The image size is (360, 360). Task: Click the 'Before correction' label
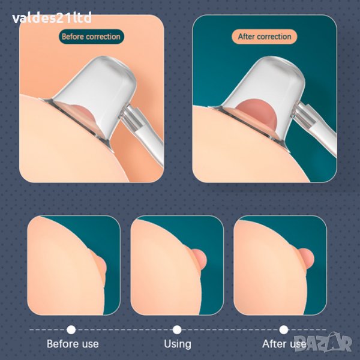click(x=91, y=37)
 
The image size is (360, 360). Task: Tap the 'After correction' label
click(x=265, y=37)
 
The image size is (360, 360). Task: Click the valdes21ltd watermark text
click(x=52, y=18)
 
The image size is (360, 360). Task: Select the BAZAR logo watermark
click(x=323, y=343)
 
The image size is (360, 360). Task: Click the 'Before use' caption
click(x=73, y=344)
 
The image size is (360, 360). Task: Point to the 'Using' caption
click(x=178, y=344)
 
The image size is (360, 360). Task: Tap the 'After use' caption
click(x=284, y=344)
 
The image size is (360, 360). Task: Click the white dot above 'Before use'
click(x=71, y=329)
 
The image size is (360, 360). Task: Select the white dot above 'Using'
click(x=177, y=329)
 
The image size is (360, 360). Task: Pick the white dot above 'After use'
click(x=284, y=329)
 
